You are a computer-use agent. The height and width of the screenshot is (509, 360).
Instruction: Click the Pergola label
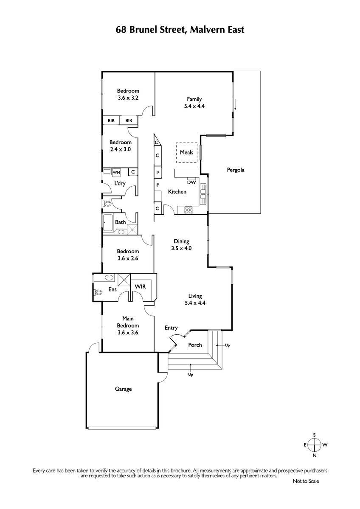tap(235, 170)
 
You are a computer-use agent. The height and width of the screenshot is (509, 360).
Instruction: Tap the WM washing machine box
tap(116, 172)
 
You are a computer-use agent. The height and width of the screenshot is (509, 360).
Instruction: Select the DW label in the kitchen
tap(191, 182)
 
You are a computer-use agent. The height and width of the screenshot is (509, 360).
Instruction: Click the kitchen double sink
tap(203, 194)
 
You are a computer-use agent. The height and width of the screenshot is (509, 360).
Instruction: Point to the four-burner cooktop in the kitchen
tap(188, 210)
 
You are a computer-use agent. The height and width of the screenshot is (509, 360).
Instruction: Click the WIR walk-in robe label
tap(140, 287)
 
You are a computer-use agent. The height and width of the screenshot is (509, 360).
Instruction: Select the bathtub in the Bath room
tap(108, 223)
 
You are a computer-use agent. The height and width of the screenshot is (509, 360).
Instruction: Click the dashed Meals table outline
tap(186, 152)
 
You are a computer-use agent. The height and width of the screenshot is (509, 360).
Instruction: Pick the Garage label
tap(123, 389)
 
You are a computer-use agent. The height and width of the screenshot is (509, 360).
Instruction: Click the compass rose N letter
tap(315, 455)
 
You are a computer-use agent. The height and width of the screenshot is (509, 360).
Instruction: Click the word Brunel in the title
tap(143, 30)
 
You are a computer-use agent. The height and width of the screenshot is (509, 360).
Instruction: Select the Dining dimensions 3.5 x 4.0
tap(181, 248)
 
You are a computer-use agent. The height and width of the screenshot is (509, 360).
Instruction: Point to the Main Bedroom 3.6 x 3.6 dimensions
tap(128, 333)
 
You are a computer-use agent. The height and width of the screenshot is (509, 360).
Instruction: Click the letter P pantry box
tap(157, 173)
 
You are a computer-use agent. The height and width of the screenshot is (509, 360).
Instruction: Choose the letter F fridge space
tap(157, 185)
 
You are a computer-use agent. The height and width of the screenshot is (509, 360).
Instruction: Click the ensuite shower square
tap(124, 280)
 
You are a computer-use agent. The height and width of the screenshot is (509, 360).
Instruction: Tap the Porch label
tap(195, 345)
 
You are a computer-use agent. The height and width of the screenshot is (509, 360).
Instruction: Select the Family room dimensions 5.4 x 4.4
tap(194, 106)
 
